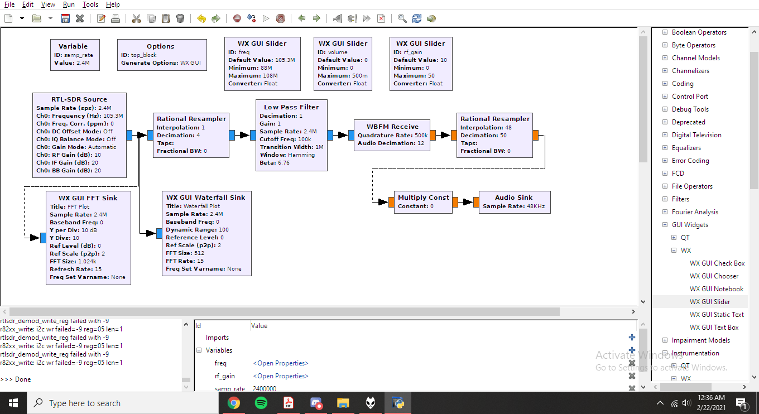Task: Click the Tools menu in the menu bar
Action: (x=90, y=4)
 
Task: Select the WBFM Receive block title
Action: (x=392, y=127)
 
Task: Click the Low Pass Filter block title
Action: (x=291, y=107)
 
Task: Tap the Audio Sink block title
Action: (x=513, y=198)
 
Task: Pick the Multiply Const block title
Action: (x=423, y=198)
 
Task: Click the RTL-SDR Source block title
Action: (x=79, y=99)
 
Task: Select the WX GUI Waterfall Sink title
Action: (x=205, y=198)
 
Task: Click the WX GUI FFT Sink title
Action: (x=88, y=198)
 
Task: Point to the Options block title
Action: (x=161, y=46)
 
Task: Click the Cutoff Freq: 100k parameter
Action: (x=285, y=139)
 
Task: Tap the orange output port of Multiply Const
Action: (x=455, y=203)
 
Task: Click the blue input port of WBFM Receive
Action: (x=351, y=134)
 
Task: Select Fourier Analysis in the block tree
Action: (x=695, y=212)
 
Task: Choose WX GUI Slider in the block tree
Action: (x=710, y=302)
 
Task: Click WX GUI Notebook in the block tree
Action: (x=717, y=289)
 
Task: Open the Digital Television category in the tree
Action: (x=696, y=135)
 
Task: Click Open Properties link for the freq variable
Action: (x=280, y=363)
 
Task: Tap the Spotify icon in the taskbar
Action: (x=261, y=403)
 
